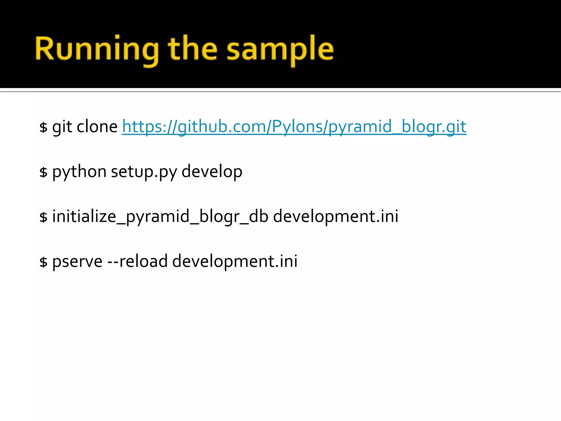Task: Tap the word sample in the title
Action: [280, 49]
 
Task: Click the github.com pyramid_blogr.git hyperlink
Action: [294, 127]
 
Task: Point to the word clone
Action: [97, 127]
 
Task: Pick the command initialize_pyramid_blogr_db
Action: [160, 217]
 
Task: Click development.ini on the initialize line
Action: [336, 217]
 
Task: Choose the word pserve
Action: [77, 261]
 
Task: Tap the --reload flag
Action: [137, 261]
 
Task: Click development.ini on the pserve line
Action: [235, 261]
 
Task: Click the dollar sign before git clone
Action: [43, 127]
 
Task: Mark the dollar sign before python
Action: [43, 172]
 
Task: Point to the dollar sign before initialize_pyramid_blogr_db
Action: [43, 217]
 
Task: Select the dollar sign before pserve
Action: [43, 262]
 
